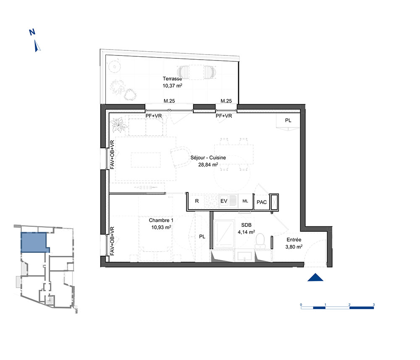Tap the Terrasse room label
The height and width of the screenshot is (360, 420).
click(172, 79)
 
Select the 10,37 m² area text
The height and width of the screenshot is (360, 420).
click(172, 86)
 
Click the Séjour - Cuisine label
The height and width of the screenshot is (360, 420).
click(208, 158)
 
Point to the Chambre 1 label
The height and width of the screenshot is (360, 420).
click(161, 220)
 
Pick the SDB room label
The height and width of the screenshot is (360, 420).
click(246, 225)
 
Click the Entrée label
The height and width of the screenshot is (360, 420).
click(294, 240)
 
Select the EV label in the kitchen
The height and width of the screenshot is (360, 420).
click(224, 201)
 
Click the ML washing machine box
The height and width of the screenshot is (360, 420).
click(245, 201)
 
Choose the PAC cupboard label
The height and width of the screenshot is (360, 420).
click(261, 202)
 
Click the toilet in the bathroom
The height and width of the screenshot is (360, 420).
click(260, 241)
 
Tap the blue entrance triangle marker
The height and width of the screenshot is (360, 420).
click(315, 278)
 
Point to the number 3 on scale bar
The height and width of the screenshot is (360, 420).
click(374, 305)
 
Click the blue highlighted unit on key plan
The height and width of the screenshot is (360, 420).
click(34, 242)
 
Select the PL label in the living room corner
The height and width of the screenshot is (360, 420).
click(288, 121)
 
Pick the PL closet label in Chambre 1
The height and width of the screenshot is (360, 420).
click(202, 236)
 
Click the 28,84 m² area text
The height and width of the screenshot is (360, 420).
click(208, 165)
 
